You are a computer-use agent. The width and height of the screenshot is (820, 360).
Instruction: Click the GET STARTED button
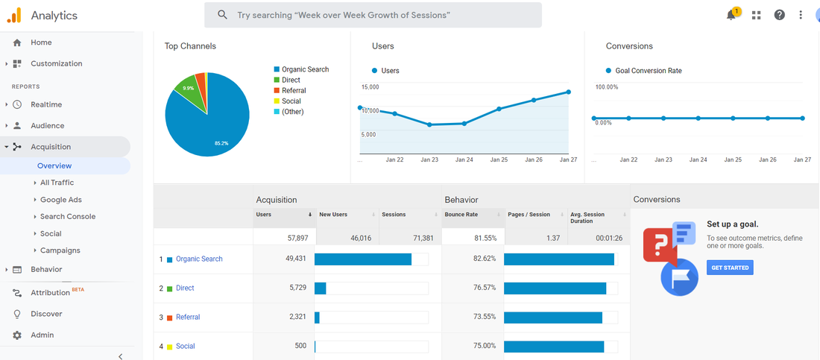730,268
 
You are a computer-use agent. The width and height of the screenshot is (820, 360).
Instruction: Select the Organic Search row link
199,259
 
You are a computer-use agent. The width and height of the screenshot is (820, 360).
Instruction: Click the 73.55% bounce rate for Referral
485,317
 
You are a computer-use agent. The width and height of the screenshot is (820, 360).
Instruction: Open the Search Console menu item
68,217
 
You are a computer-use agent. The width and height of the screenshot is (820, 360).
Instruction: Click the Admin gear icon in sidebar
17,335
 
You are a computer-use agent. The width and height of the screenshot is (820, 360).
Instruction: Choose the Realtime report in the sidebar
46,104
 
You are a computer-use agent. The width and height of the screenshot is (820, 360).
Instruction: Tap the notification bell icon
731,15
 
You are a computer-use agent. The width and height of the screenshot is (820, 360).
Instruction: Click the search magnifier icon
222,15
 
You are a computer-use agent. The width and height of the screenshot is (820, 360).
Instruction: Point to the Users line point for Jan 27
569,92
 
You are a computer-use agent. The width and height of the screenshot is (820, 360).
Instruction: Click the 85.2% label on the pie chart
221,143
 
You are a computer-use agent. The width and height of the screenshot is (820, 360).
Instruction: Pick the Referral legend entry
290,90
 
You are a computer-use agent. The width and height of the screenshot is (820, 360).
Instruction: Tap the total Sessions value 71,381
423,238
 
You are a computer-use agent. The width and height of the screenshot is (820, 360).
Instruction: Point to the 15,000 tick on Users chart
370,87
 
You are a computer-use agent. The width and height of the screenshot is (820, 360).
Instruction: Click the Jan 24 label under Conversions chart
698,160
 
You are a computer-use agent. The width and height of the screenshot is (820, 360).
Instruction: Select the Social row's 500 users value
300,346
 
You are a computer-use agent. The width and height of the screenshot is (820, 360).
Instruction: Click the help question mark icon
779,15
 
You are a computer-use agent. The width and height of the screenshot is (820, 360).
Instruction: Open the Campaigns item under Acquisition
60,250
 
